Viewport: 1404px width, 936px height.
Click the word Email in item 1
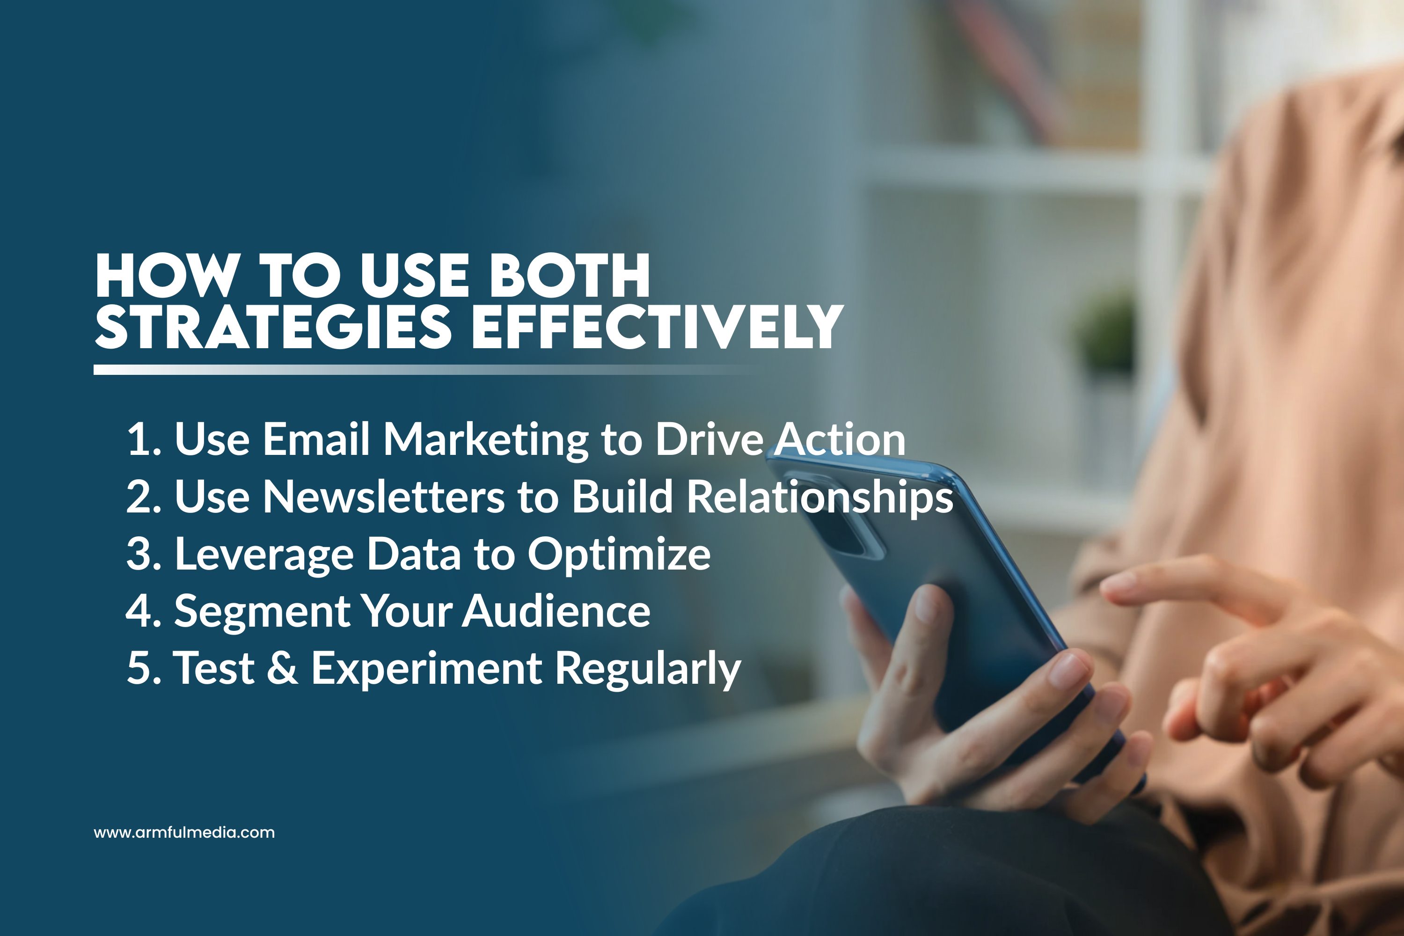pyautogui.click(x=316, y=439)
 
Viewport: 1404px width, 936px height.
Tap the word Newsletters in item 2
pyautogui.click(x=384, y=496)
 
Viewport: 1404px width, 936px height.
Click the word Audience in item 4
pyautogui.click(x=556, y=611)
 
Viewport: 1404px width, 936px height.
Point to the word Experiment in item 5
pyautogui.click(x=427, y=670)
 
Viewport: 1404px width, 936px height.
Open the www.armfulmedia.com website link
pyautogui.click(x=184, y=832)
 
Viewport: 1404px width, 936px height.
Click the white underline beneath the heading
pyautogui.click(x=418, y=370)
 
